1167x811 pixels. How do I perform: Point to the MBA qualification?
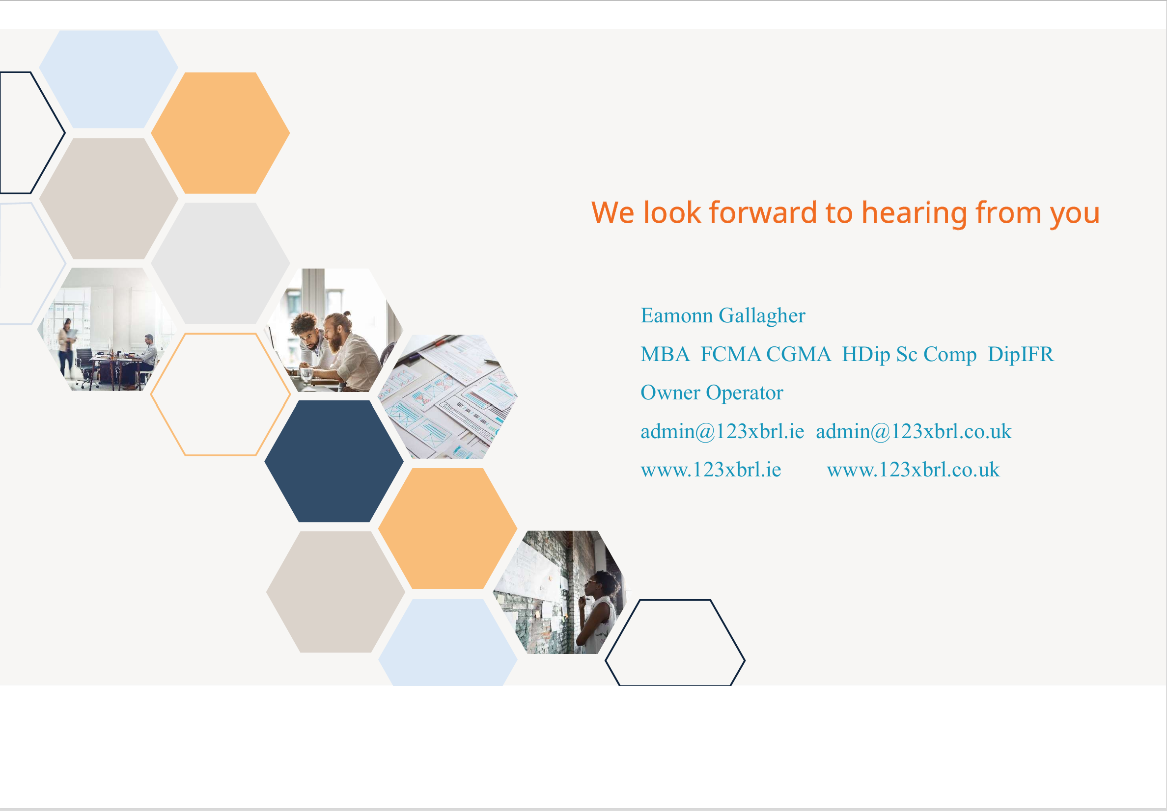[665, 354]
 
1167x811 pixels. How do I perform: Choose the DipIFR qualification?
[1021, 354]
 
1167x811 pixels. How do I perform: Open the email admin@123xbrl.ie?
[722, 432]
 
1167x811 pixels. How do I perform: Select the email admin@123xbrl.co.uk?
[914, 432]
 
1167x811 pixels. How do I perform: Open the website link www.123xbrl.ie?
[711, 470]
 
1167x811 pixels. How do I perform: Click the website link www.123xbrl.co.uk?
[913, 470]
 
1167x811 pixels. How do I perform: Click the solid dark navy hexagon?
[334, 461]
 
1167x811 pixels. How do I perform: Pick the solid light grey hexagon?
[221, 263]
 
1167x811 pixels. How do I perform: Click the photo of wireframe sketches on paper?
[448, 396]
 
